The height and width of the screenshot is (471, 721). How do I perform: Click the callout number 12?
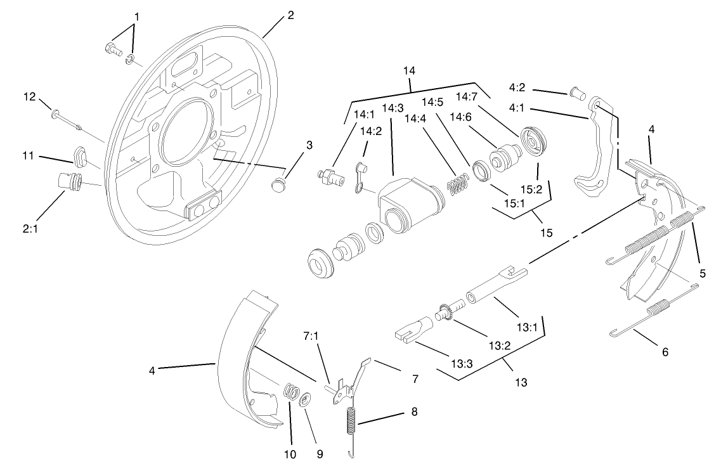point(29,96)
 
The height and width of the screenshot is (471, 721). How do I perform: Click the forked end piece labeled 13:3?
point(412,330)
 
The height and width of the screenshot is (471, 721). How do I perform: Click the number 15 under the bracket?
point(546,233)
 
